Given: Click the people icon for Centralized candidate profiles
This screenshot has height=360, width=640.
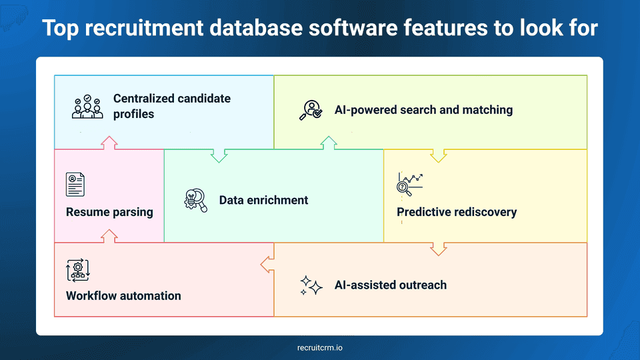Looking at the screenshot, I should click(x=87, y=107).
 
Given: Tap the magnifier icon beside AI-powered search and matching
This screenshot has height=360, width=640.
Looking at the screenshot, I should click(x=310, y=110).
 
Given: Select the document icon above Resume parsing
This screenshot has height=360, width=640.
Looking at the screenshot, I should click(x=75, y=184).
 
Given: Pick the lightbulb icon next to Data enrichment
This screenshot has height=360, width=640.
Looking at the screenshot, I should click(x=195, y=200).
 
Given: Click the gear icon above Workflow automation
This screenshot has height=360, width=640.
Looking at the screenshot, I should click(x=77, y=270).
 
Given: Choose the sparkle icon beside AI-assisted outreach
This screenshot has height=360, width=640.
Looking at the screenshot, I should click(x=311, y=285).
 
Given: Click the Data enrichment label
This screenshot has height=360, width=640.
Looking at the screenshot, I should click(x=263, y=200).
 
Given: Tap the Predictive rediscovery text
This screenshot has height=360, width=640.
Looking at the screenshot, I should click(x=457, y=213).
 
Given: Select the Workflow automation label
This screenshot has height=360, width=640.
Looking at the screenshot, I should click(x=123, y=296).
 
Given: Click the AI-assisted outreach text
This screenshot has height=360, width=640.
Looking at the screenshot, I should click(x=390, y=285).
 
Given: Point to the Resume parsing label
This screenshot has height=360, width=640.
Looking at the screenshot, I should click(x=109, y=213).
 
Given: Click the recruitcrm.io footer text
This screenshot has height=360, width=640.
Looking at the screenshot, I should click(x=320, y=347).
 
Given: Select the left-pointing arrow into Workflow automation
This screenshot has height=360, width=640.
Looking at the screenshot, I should click(x=267, y=265).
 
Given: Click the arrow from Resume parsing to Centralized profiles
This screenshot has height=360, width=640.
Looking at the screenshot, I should click(x=109, y=143).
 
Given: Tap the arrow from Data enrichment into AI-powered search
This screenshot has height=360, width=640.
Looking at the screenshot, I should click(x=328, y=143).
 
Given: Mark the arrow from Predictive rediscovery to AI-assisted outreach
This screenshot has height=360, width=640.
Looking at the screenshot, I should click(x=438, y=249).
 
